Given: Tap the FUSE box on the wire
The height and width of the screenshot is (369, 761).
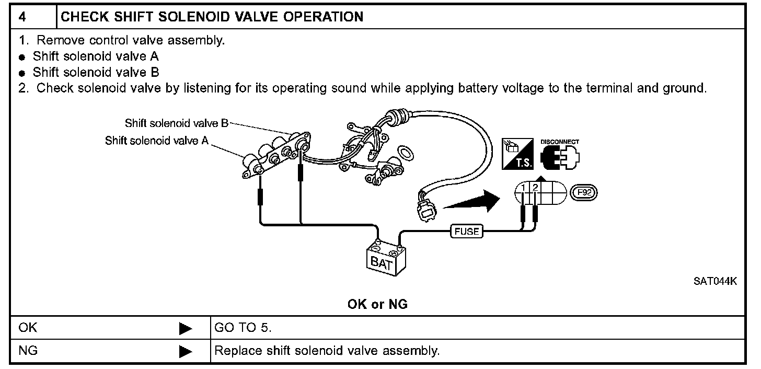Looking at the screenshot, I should pyautogui.click(x=467, y=230).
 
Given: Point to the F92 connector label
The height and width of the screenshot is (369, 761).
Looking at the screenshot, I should pyautogui.click(x=583, y=193).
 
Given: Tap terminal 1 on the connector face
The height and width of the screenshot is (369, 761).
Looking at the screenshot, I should pyautogui.click(x=523, y=189).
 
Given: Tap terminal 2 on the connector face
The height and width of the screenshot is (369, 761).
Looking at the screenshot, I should pyautogui.click(x=535, y=189).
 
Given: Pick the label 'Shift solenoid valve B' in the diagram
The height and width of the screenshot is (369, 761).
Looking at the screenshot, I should pyautogui.click(x=176, y=123).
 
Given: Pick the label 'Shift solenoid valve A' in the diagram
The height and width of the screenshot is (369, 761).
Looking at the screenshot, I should pyautogui.click(x=156, y=141).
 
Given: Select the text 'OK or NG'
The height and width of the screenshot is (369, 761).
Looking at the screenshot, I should pyautogui.click(x=377, y=304).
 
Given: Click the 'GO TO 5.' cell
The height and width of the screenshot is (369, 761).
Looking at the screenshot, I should pyautogui.click(x=243, y=328).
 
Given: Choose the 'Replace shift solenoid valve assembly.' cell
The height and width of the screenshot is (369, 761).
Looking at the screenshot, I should pyautogui.click(x=327, y=350).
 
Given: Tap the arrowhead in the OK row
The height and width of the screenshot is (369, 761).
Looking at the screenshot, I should pyautogui.click(x=186, y=329).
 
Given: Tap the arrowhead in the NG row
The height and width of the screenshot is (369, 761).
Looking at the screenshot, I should pyautogui.click(x=186, y=351).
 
